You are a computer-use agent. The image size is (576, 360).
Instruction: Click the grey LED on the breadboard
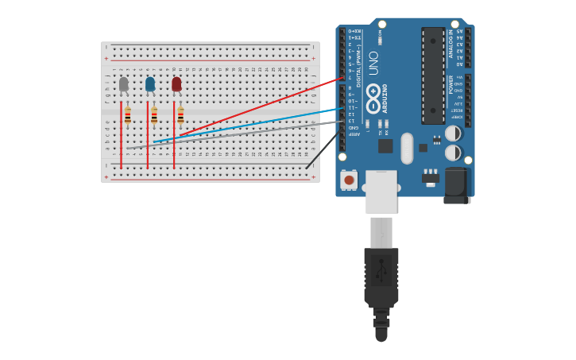click(123, 83)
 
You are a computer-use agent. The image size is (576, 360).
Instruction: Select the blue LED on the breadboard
click(149, 83)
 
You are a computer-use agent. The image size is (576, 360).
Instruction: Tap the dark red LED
click(176, 83)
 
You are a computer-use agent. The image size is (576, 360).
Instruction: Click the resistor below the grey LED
click(127, 116)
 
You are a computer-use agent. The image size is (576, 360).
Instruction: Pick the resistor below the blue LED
click(153, 116)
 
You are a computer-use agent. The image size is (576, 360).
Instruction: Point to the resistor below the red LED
click(180, 116)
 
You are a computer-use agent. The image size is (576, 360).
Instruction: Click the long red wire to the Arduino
click(262, 106)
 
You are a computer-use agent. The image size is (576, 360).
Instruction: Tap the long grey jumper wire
click(238, 134)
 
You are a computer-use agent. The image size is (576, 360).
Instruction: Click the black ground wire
click(322, 151)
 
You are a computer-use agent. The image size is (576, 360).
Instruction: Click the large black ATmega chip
click(433, 75)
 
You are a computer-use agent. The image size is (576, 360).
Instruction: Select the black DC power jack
click(457, 185)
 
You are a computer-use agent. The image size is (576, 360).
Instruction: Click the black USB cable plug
click(381, 278)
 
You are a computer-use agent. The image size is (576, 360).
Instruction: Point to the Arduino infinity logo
click(373, 99)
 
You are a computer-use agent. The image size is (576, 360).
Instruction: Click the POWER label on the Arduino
click(450, 84)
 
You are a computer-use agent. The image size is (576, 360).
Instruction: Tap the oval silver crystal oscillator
click(408, 148)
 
